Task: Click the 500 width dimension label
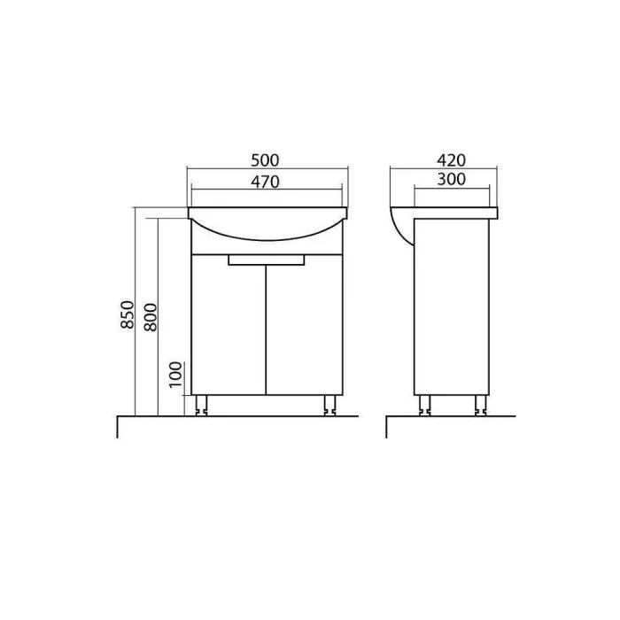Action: [265, 160]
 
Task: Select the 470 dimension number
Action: [265, 182]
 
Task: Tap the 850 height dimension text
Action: [128, 314]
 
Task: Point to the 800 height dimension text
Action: [151, 317]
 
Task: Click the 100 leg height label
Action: [176, 375]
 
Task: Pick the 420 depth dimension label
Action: [451, 160]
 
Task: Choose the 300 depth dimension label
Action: [451, 180]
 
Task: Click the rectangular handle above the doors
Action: [267, 260]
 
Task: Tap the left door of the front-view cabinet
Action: [229, 325]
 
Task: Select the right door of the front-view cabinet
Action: [305, 325]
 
